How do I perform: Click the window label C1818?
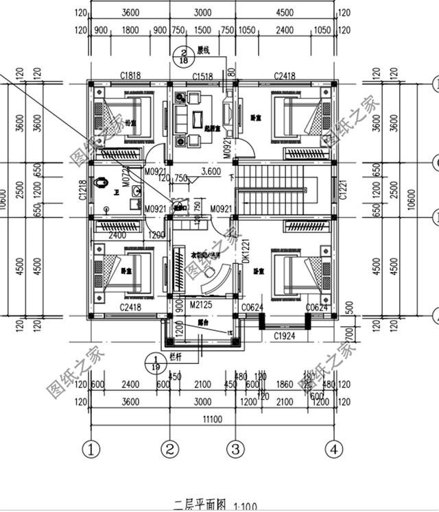(130, 75)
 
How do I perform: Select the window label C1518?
(202, 75)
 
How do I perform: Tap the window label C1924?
(285, 337)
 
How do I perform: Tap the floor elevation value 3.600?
(211, 171)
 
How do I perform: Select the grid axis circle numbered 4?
(334, 450)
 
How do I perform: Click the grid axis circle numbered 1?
(91, 450)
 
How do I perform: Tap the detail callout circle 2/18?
(183, 56)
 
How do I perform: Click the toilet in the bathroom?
(102, 184)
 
